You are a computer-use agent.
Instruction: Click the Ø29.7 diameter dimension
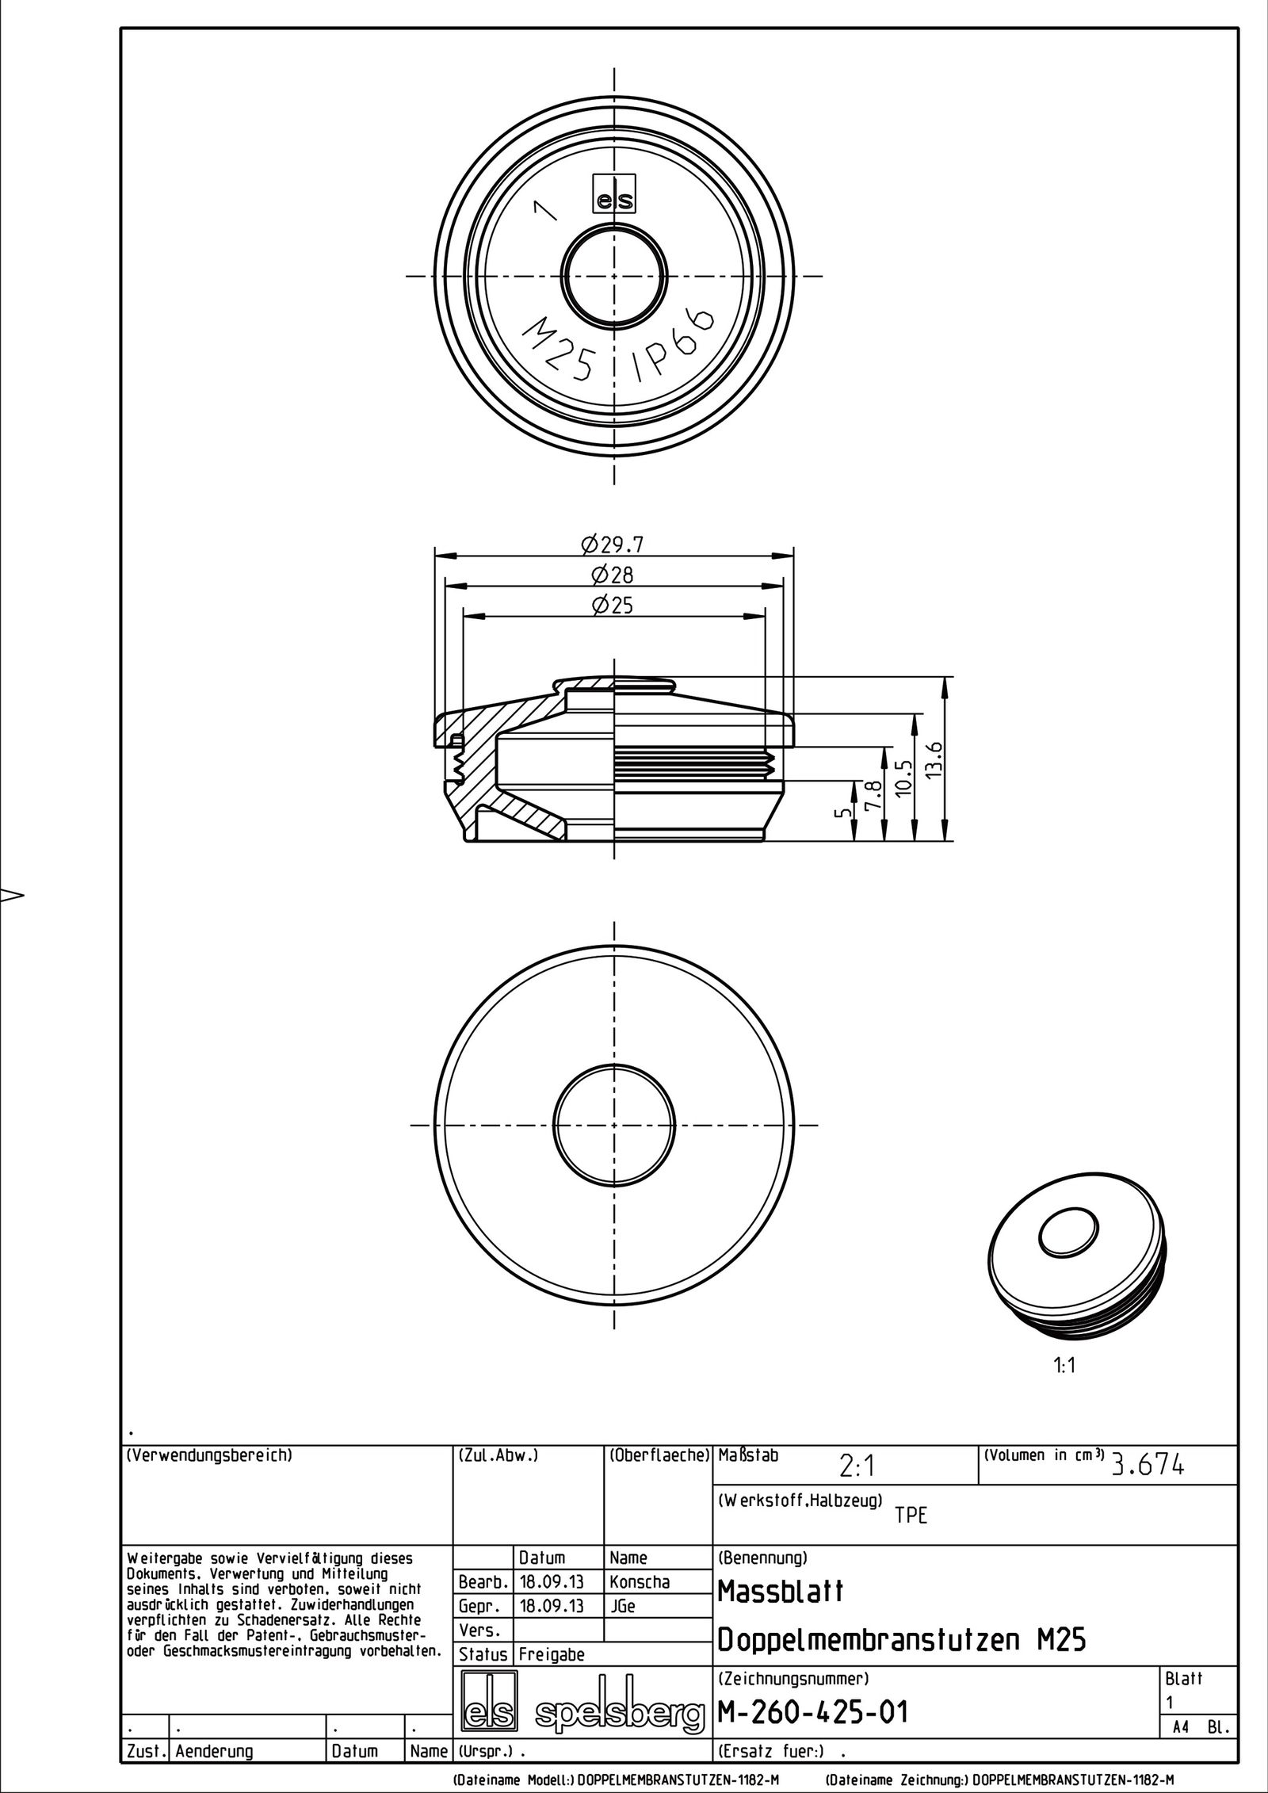pos(613,545)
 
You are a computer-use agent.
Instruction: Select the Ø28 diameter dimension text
pos(613,575)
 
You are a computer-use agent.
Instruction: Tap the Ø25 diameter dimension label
pos(613,606)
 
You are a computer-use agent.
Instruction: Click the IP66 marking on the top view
pos(673,346)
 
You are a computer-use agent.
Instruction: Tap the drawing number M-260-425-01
pos(812,1711)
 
